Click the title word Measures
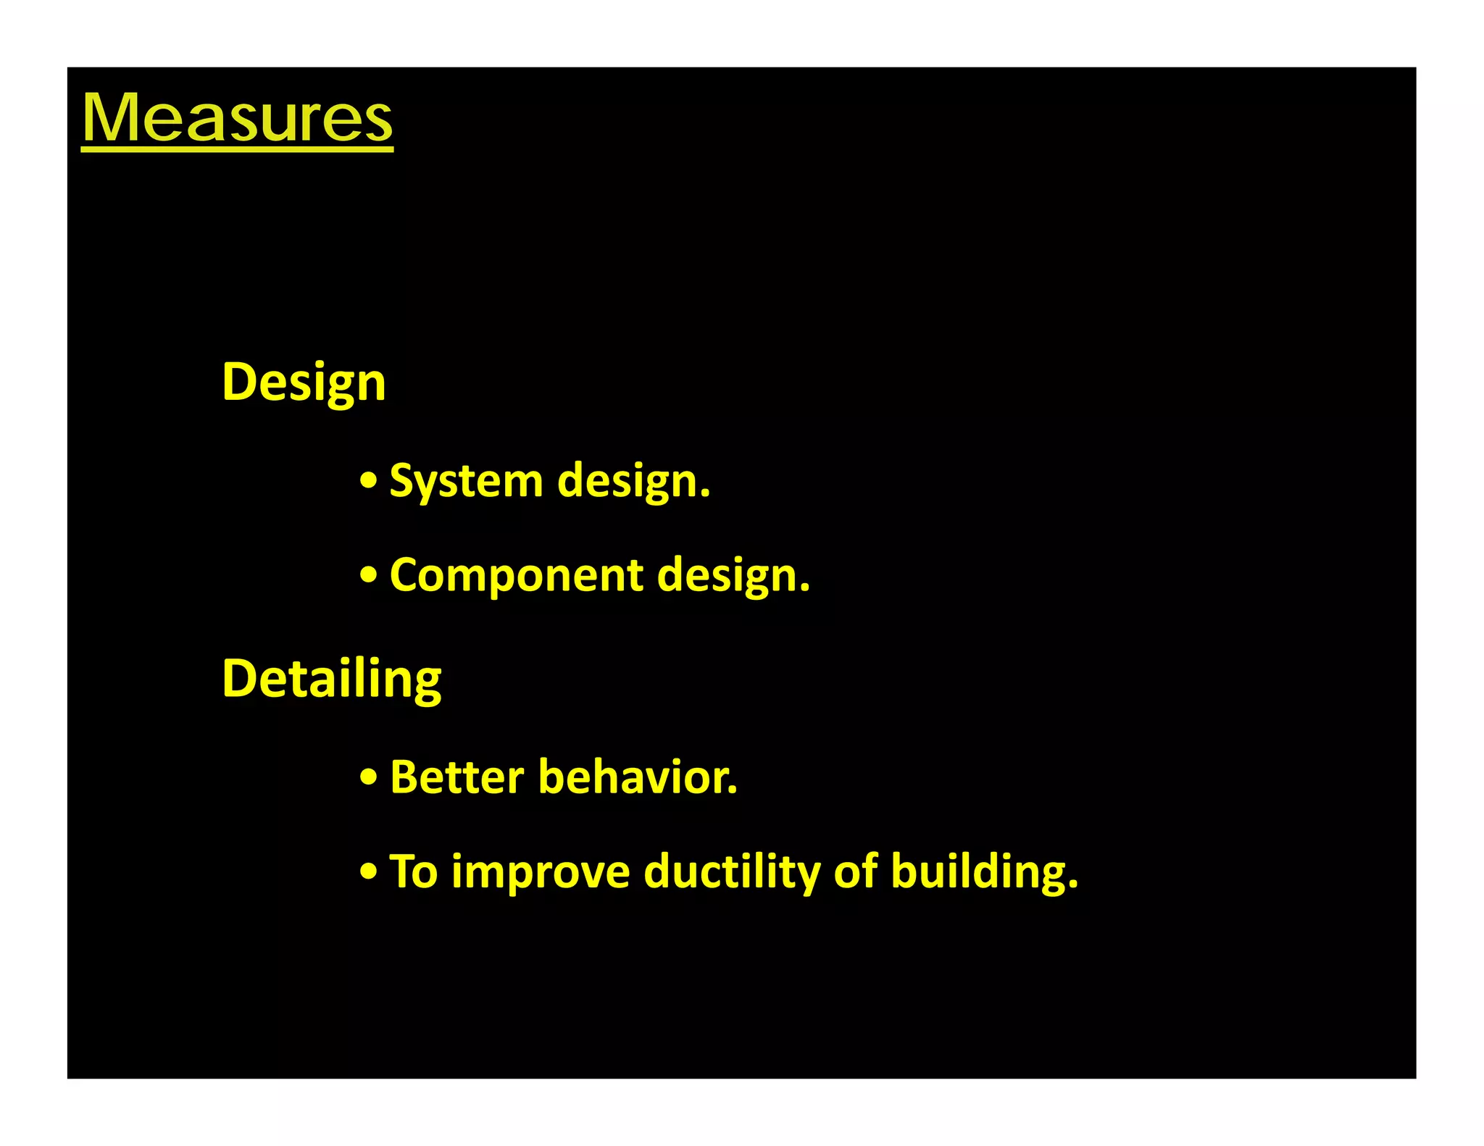[237, 117]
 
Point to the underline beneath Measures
[237, 149]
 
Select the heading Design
[304, 382]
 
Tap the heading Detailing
[331, 679]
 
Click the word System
[466, 481]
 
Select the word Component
[517, 575]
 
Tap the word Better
[457, 777]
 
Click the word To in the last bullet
[414, 871]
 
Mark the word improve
[541, 872]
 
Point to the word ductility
[732, 871]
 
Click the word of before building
[856, 871]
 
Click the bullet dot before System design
[369, 480]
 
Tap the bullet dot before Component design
[369, 574]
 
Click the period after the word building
[1073, 884]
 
